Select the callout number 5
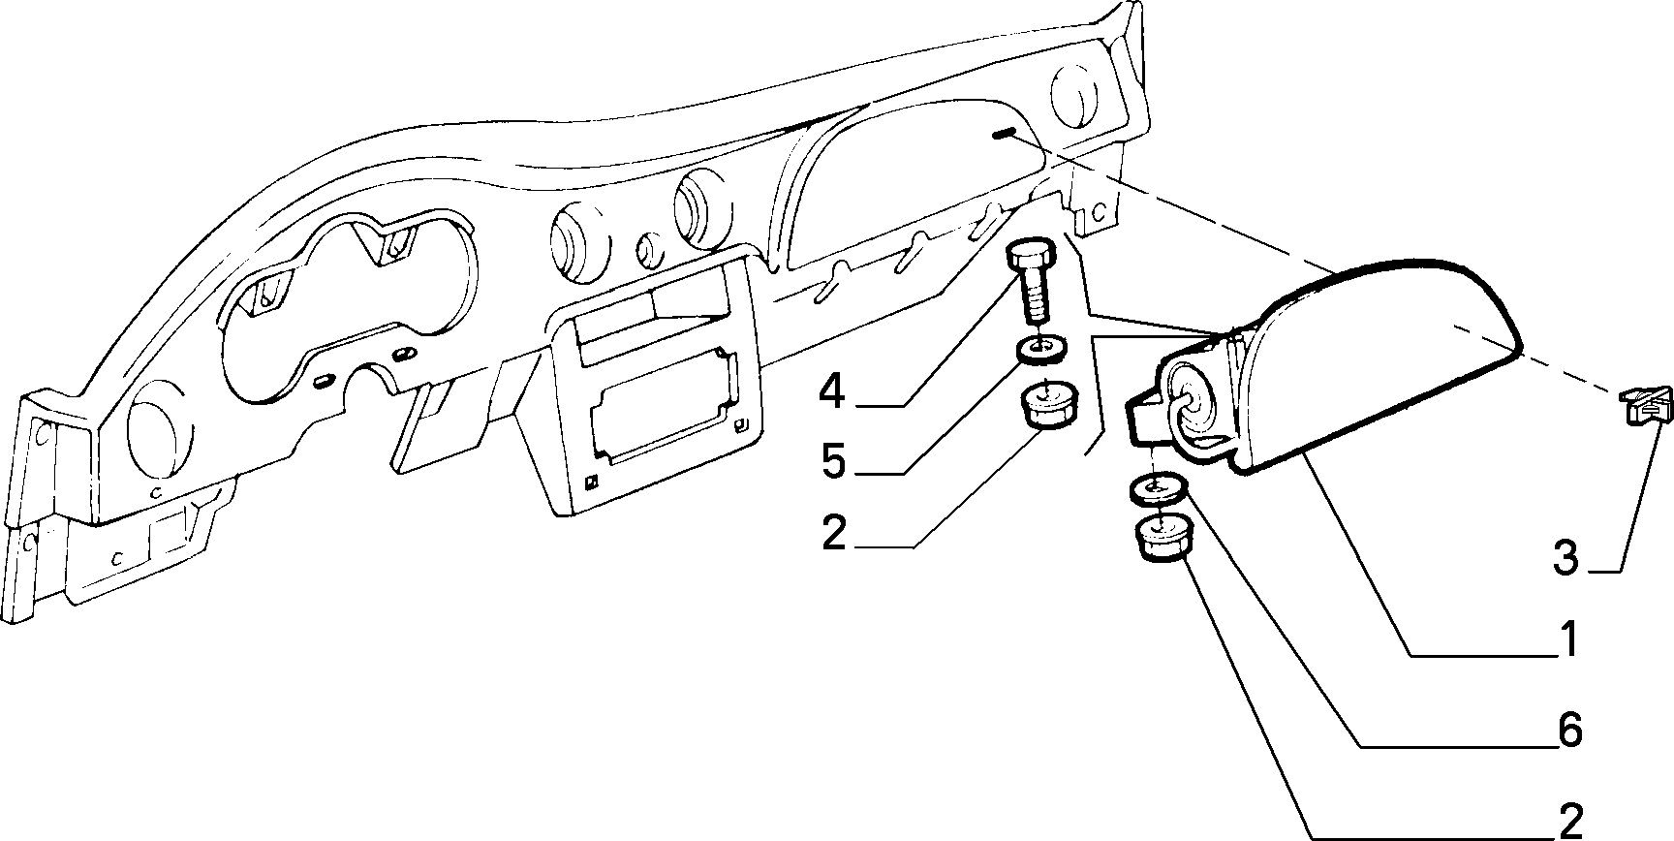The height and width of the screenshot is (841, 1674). [x=833, y=463]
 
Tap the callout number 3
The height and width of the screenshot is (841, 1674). [x=1565, y=559]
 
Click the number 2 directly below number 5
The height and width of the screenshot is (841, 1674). [x=833, y=533]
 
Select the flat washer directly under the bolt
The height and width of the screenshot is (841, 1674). [x=1041, y=348]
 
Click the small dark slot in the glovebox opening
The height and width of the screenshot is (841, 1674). [x=1003, y=134]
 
